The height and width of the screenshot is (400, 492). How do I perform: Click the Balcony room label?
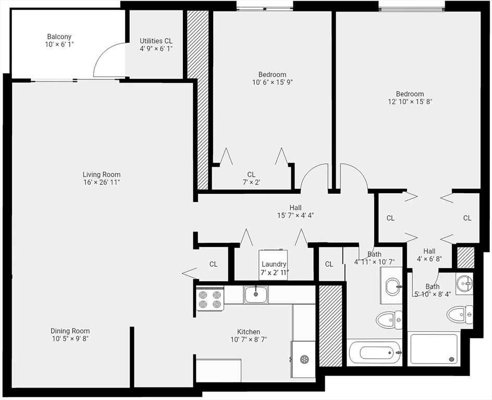(x=59, y=37)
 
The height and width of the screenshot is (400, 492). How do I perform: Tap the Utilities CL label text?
(x=156, y=41)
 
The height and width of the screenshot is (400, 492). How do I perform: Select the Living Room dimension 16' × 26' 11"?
(x=101, y=182)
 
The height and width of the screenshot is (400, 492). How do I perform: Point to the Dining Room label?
(x=70, y=331)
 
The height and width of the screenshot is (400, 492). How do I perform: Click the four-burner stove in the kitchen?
(x=210, y=299)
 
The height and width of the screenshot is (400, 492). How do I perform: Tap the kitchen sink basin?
(x=256, y=294)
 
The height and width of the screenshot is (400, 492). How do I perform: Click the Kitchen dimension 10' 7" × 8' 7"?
(x=249, y=340)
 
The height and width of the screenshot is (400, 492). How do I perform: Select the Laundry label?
(x=274, y=264)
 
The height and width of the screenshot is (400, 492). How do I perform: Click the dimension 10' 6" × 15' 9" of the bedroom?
(x=272, y=82)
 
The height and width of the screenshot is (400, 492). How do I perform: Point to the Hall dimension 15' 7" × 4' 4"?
(x=296, y=215)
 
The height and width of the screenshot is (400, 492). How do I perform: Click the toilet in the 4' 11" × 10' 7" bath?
(x=389, y=319)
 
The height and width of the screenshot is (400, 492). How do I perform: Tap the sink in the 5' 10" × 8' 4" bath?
(x=464, y=284)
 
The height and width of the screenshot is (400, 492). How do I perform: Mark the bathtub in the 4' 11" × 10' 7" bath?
(x=374, y=353)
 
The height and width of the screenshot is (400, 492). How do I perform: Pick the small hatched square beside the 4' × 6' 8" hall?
(x=465, y=257)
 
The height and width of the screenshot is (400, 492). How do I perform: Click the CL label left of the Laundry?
(x=214, y=264)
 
